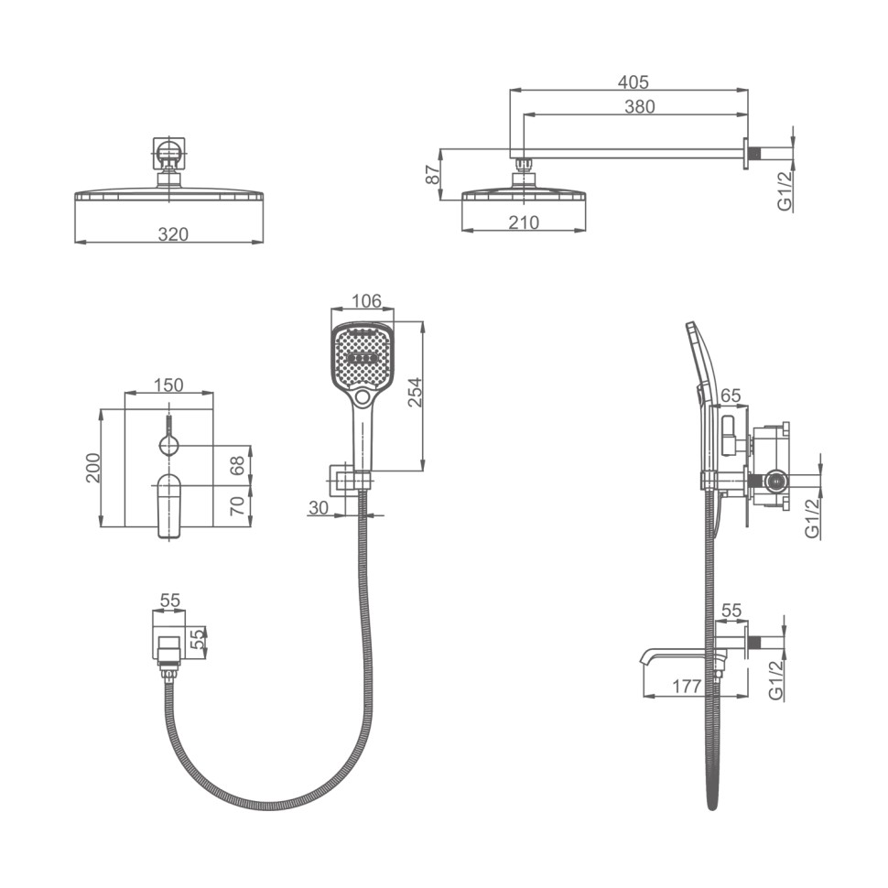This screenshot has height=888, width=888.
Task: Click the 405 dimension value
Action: coord(633,82)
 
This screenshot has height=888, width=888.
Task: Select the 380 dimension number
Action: coord(639,106)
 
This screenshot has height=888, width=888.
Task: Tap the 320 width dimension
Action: coord(173,233)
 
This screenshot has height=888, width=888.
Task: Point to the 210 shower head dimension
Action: coord(524,222)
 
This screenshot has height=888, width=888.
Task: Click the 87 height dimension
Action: coord(433,174)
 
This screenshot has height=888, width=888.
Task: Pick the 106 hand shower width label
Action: coord(366,300)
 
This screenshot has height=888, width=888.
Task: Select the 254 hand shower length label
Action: coord(415,392)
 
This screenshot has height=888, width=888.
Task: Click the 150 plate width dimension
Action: coord(168,385)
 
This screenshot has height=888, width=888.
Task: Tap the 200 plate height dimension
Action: coord(92,468)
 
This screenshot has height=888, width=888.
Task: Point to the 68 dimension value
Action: coord(238,466)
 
